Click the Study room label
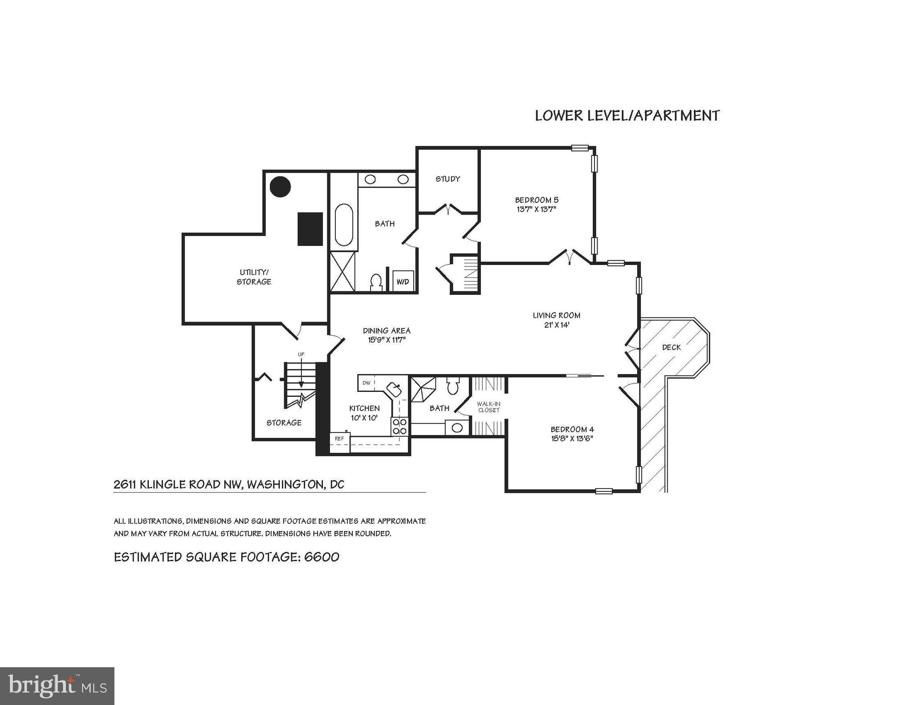(448, 179)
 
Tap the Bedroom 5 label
(537, 200)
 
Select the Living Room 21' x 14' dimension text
(557, 325)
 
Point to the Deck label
(671, 347)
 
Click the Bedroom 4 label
(572, 429)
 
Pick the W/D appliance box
(403, 281)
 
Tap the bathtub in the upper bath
(344, 225)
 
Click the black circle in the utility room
(281, 187)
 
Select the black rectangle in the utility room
(310, 229)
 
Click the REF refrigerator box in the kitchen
(340, 442)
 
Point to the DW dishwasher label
(366, 383)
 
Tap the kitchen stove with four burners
(399, 426)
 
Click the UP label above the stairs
(301, 355)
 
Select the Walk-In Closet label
(489, 407)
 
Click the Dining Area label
(387, 330)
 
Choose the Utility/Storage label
(254, 277)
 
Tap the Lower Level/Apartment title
(627, 115)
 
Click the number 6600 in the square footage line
(322, 557)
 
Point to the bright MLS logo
(57, 686)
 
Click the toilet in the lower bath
(453, 387)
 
